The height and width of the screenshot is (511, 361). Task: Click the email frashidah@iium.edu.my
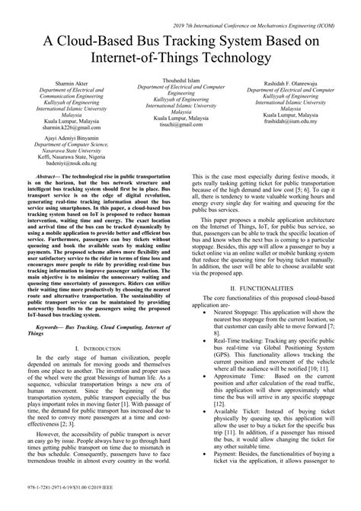[287, 121]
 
